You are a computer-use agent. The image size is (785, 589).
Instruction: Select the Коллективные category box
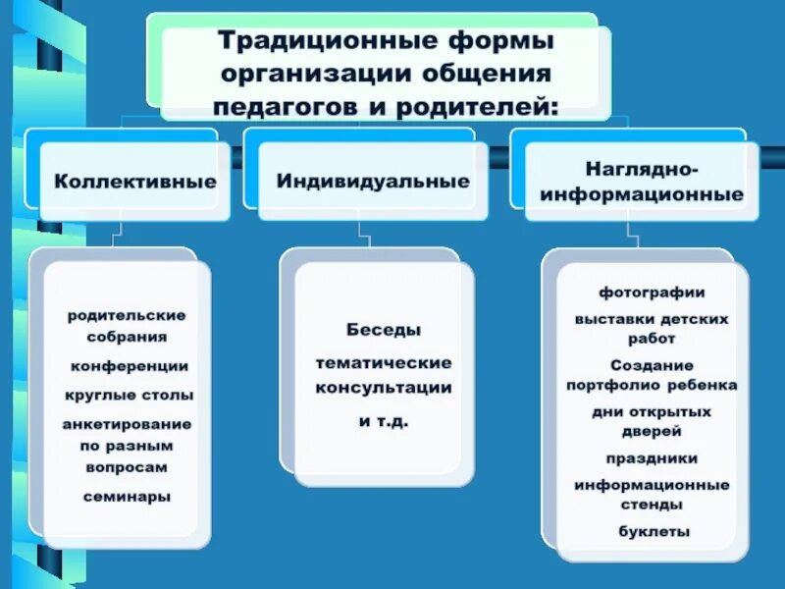point(135,182)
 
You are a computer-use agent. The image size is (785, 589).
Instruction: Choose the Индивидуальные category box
point(373,182)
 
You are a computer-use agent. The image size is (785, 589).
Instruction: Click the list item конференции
point(129,366)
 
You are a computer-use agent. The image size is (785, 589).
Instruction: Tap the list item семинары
point(127,496)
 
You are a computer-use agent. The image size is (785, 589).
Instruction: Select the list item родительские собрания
point(127,326)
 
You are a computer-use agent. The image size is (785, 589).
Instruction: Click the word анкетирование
point(127,424)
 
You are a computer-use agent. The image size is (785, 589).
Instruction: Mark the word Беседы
point(384,330)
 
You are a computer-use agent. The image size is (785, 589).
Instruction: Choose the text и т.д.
point(383,420)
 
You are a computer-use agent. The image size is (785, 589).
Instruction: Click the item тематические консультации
point(384,375)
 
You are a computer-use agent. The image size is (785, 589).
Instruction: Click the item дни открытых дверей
point(651,421)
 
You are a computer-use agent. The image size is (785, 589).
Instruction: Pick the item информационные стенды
point(652,495)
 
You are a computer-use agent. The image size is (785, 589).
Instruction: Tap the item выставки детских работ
point(652,329)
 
